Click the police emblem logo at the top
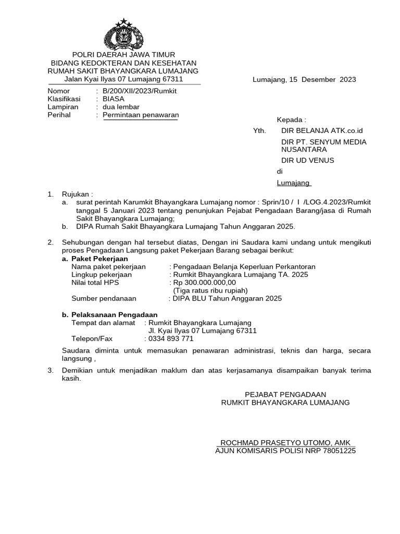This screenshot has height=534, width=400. (x=123, y=33)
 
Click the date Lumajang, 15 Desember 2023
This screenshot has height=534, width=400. (x=304, y=80)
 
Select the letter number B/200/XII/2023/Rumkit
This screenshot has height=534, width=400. (x=140, y=91)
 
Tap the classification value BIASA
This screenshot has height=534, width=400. (x=114, y=99)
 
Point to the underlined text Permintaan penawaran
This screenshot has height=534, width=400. (x=141, y=115)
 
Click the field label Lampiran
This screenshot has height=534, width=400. (x=63, y=107)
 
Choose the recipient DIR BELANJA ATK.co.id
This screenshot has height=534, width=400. (x=321, y=130)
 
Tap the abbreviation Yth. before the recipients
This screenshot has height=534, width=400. (x=259, y=130)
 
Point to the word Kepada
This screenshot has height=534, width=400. (x=291, y=119)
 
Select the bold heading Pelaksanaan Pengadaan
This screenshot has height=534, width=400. (x=114, y=315)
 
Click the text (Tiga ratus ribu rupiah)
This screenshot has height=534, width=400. (x=210, y=290)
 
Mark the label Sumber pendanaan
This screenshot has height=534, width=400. (x=103, y=298)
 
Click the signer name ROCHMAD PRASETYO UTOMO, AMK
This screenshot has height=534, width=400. (x=285, y=442)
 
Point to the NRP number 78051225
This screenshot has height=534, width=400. (x=338, y=451)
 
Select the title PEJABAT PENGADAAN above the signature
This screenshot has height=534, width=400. (x=285, y=394)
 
